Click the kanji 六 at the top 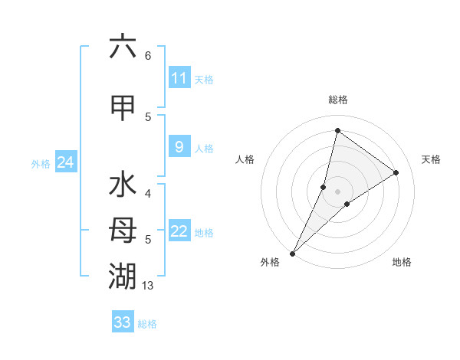tap(123, 47)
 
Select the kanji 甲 tap(123, 107)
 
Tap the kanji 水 tap(123, 186)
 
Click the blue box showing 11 tap(179, 78)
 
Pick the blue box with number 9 tap(179, 147)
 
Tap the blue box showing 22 tap(179, 231)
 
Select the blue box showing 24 tap(65, 162)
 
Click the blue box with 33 tap(123, 322)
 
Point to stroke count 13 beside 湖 tap(148, 286)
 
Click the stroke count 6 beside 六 tap(147, 56)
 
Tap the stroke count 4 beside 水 tap(147, 194)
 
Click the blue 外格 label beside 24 tap(41, 162)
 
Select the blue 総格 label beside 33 tap(147, 323)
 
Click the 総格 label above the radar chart tap(337, 100)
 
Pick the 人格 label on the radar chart tap(245, 159)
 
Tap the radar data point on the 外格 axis tap(292, 253)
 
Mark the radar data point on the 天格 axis tap(396, 172)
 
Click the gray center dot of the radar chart tap(337, 191)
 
